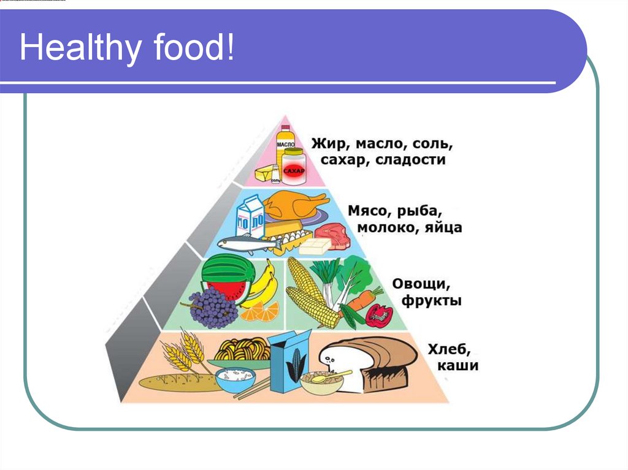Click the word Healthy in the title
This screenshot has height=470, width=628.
79,49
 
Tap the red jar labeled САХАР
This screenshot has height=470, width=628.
294,166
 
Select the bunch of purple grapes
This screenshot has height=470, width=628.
213,307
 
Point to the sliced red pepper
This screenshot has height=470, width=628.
378,315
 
